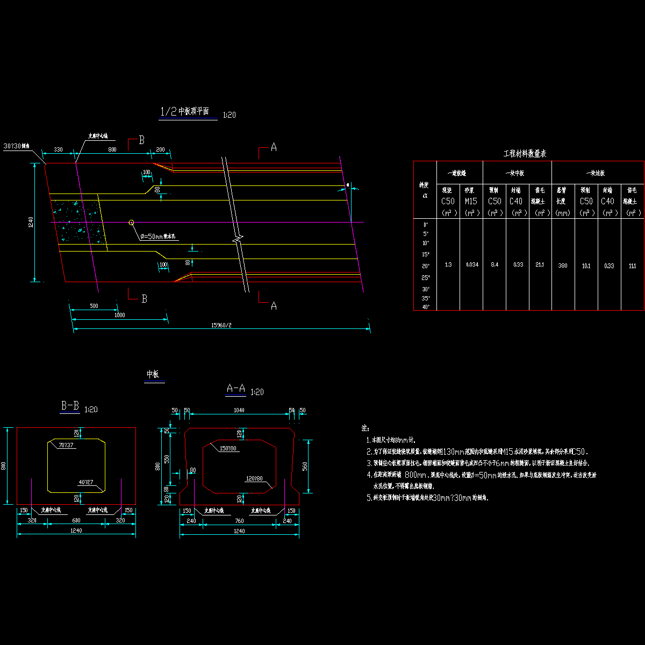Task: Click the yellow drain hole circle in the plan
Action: click(131, 222)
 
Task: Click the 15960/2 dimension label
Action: click(221, 325)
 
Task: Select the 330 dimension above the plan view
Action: click(59, 149)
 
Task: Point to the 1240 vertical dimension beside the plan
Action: click(32, 222)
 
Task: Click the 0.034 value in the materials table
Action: click(471, 265)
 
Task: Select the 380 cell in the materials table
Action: click(563, 266)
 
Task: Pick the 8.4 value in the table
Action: click(494, 265)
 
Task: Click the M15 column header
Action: click(471, 201)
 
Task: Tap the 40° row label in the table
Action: click(425, 307)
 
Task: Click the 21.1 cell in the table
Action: click(540, 265)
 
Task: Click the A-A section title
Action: click(236, 389)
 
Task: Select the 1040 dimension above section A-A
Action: click(239, 411)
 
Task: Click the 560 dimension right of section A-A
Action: click(305, 465)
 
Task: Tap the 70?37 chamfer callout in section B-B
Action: click(66, 446)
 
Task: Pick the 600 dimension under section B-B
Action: click(76, 520)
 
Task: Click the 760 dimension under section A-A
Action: click(239, 521)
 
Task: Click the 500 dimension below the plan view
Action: click(94, 306)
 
